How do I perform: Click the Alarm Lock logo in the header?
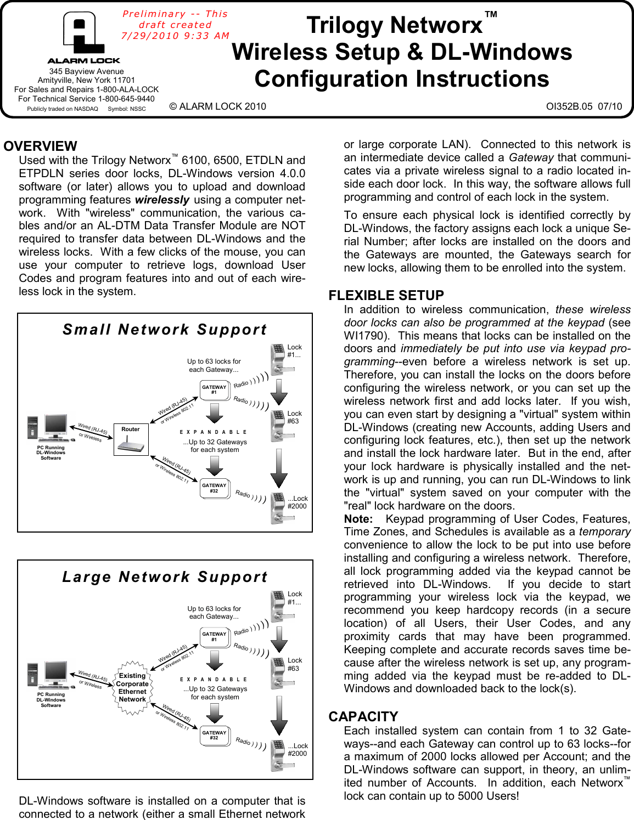pos(83,38)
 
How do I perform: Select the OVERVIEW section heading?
pos(40,146)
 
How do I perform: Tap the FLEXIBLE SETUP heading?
pos(386,296)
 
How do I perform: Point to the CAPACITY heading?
pos(363,717)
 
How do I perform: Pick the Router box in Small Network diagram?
pos(131,440)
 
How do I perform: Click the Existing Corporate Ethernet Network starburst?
pos(132,688)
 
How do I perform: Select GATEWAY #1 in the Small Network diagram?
pos(214,390)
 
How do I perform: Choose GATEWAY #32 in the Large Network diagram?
pos(214,735)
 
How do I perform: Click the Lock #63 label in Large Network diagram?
pos(294,664)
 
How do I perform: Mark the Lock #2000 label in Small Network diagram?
pos(297,502)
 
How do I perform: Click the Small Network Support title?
pos(165,330)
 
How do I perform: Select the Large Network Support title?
pos(165,577)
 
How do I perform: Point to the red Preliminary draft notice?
pos(175,25)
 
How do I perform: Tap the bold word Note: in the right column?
pos(358,519)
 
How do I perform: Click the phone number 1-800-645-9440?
pos(126,99)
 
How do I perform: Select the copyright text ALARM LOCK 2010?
pos(217,106)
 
